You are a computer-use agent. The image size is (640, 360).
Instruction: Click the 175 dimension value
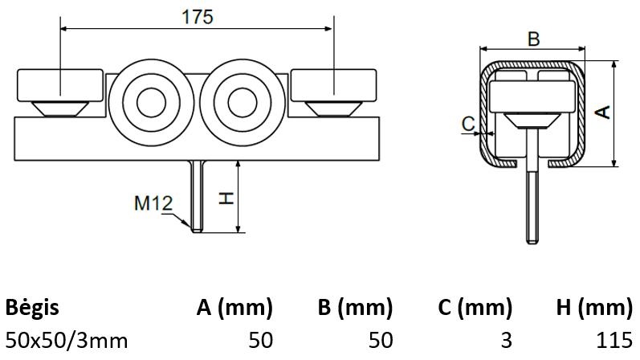pos(197,17)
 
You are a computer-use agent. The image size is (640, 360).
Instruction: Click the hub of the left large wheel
pos(149,103)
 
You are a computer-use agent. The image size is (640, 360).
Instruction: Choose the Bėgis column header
pos(32,307)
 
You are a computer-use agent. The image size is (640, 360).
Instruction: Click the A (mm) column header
pos(234,307)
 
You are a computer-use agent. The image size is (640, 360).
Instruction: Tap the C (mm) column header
pos(475,307)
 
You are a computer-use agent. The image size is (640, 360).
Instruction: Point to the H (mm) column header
pos(593,307)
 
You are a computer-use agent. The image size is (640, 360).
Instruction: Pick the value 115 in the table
pos(615,340)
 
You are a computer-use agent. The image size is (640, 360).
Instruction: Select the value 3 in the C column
pos(505,340)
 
